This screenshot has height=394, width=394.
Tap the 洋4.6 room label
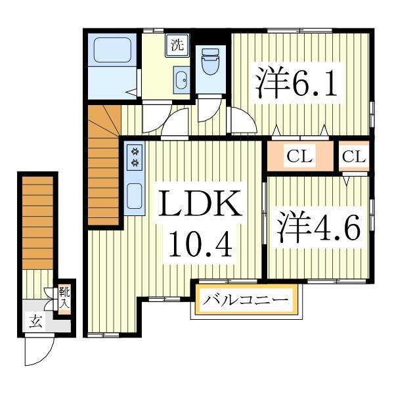pyautogui.click(x=318, y=227)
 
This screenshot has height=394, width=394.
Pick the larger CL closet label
pyautogui.click(x=299, y=156)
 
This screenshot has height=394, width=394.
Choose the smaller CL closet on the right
pyautogui.click(x=353, y=156)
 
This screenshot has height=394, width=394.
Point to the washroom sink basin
pyautogui.click(x=180, y=81)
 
